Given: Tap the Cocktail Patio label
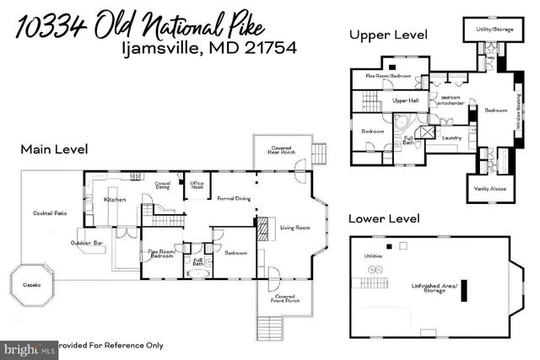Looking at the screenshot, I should pos(50,213).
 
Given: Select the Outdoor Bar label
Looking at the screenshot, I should pos(87,244).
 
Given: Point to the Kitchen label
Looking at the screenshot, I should pos(115,200).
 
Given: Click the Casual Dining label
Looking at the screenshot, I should pos(163,185).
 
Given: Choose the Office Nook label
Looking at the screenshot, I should pos(197,185).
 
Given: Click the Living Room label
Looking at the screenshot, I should pos(295,227).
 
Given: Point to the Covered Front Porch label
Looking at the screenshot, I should pos(284,298).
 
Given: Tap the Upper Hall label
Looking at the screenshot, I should pos(406,100).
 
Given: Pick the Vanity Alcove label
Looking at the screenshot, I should pos(490,189).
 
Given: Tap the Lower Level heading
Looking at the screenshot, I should pos(385,218).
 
